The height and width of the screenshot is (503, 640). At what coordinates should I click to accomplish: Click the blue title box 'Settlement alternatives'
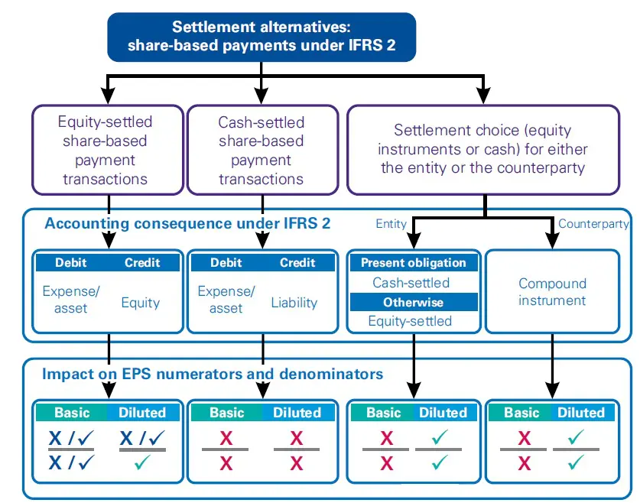tap(262, 36)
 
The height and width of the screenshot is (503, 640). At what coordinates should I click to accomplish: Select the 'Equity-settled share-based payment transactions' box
tap(108, 150)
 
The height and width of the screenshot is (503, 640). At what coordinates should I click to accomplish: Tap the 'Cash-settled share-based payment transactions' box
tap(261, 150)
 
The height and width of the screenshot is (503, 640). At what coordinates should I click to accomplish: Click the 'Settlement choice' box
tap(482, 149)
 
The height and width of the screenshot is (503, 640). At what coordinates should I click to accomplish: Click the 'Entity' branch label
tap(391, 224)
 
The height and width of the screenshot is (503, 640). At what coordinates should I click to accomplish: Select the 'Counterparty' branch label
tap(593, 224)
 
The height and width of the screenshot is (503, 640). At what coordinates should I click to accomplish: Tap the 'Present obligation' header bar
tap(413, 262)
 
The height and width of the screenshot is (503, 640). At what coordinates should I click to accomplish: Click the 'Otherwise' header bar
tap(413, 302)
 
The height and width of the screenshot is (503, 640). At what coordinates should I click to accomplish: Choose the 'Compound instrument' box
tap(552, 291)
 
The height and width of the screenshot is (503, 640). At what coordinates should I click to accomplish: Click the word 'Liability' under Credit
tap(294, 303)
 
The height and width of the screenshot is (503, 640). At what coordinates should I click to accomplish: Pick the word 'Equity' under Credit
tap(141, 303)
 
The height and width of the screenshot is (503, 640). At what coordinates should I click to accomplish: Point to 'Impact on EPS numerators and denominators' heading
tap(213, 375)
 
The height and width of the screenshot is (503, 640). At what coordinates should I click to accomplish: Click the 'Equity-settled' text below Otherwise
tap(410, 321)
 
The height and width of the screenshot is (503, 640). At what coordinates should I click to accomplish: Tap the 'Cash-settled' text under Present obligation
tap(411, 282)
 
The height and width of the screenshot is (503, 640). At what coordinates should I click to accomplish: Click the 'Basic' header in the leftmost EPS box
tap(72, 412)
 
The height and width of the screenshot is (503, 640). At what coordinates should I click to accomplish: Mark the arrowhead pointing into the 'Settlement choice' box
tap(482, 96)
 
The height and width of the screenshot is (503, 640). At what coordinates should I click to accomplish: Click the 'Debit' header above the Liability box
tap(226, 262)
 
